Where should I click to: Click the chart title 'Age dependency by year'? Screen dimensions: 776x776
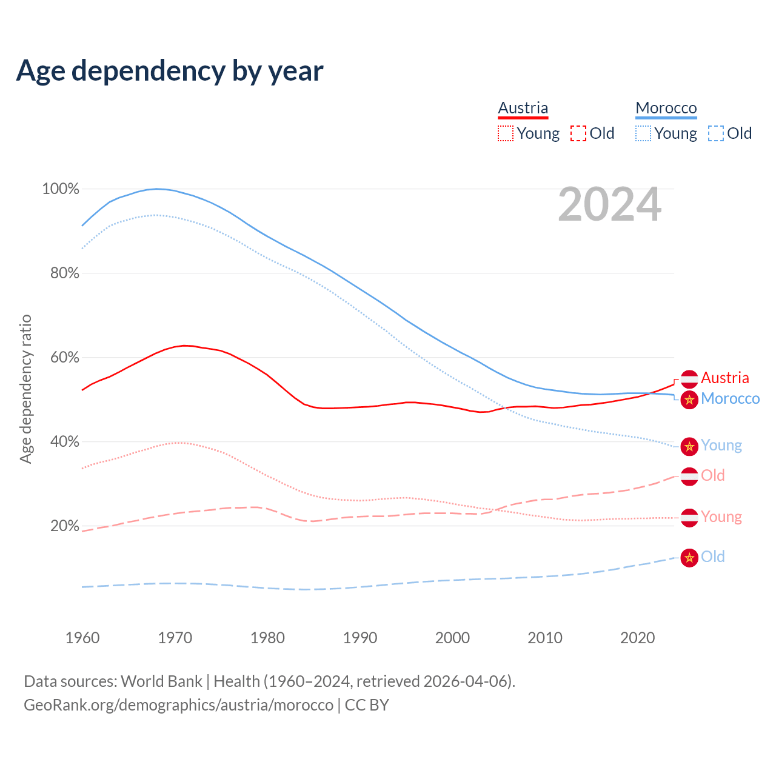[x=170, y=70]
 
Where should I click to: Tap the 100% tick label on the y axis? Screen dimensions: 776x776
[x=61, y=189]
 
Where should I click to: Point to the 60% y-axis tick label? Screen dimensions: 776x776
[x=64, y=358]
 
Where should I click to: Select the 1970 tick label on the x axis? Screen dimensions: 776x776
[x=175, y=638]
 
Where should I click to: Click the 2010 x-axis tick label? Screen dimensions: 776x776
[x=544, y=638]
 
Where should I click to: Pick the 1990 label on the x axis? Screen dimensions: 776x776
[x=360, y=638]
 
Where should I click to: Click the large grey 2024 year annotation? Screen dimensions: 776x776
[x=609, y=205]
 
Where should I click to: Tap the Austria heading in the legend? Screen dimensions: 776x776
[x=523, y=108]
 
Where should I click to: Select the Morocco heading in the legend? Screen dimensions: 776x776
[x=666, y=108]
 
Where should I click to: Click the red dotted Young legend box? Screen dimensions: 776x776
[x=505, y=133]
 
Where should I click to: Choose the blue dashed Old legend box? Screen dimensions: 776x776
[x=715, y=133]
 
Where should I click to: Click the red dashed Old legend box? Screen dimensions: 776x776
[x=578, y=133]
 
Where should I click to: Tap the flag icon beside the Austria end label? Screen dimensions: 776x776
[x=689, y=379]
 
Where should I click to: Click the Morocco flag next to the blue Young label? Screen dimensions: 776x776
[x=689, y=447]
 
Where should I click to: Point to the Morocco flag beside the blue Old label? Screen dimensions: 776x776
[x=689, y=558]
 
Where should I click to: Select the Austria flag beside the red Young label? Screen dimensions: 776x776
[x=689, y=518]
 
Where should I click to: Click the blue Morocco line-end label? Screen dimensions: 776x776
[x=730, y=399]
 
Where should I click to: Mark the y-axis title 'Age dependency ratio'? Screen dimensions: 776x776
[x=25, y=389]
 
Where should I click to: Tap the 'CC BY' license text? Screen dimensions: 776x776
[x=367, y=705]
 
